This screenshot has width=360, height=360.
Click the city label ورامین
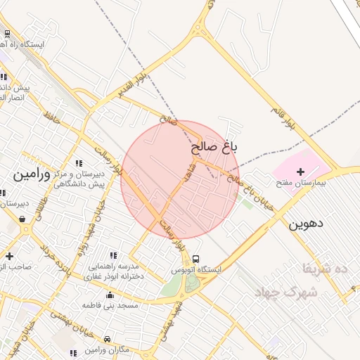(32, 174)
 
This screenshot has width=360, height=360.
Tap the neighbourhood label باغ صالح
(214, 148)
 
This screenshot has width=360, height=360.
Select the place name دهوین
(305, 224)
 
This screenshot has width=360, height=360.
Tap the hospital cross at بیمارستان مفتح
(301, 172)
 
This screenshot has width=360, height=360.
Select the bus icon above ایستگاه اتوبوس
(195, 259)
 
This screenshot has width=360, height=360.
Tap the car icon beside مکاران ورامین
(107, 339)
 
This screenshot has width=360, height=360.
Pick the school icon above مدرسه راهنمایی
(113, 255)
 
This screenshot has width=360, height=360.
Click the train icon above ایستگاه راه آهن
(7, 33)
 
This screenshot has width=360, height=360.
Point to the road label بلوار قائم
(282, 113)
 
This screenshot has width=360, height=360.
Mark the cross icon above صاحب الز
(8, 256)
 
